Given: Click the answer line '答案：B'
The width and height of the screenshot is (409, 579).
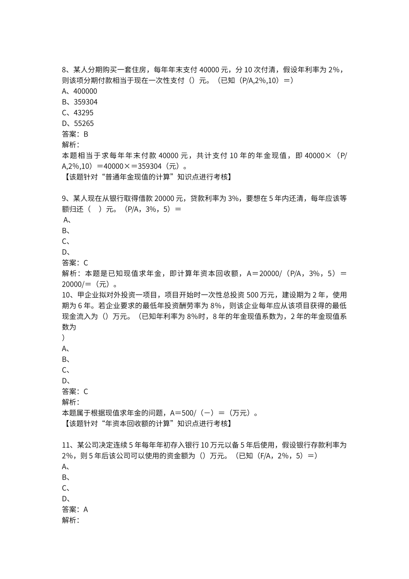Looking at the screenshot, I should pyautogui.click(x=75, y=134).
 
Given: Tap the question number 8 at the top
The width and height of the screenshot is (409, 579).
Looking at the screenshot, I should pyautogui.click(x=65, y=70).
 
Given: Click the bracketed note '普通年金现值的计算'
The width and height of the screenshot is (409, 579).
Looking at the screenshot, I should pyautogui.click(x=146, y=177).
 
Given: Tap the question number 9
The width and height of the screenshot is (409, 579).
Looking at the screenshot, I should pyautogui.click(x=65, y=199).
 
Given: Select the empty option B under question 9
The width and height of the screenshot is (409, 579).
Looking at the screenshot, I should pyautogui.click(x=66, y=231).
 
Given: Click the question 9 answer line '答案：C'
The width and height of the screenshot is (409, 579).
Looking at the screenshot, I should pyautogui.click(x=75, y=263).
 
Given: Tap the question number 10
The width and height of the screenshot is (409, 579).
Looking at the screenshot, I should pyautogui.click(x=66, y=295).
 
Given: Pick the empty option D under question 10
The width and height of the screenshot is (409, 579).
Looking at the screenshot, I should pyautogui.click(x=66, y=381).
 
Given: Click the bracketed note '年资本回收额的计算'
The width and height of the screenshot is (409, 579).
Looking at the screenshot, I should pyautogui.click(x=146, y=423).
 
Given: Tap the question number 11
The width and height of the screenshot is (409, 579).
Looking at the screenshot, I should pyautogui.click(x=66, y=445).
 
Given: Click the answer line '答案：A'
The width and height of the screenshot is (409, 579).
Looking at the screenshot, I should pyautogui.click(x=75, y=510).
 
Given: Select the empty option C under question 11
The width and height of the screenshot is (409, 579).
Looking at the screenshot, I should pyautogui.click(x=66, y=488).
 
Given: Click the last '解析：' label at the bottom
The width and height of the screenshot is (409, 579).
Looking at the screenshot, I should pyautogui.click(x=71, y=520).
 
